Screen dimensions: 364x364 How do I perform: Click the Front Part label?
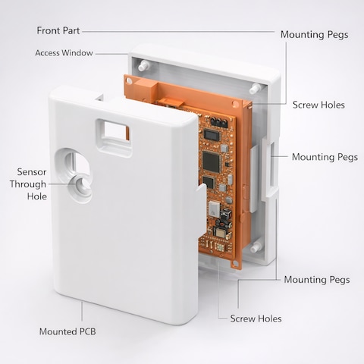[x=58, y=31]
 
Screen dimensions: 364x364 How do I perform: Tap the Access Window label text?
[x=64, y=53]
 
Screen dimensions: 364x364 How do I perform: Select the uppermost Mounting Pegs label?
[x=314, y=35]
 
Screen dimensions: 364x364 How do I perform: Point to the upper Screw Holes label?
[x=318, y=105]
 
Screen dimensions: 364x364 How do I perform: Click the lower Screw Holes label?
[x=256, y=318]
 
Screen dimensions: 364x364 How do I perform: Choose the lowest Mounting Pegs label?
[x=317, y=280]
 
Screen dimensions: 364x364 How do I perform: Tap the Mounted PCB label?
[x=67, y=331]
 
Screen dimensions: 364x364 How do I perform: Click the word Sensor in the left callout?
[x=32, y=172]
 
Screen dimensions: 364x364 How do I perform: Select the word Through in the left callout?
[x=28, y=184]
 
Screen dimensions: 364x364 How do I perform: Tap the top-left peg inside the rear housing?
[x=143, y=65]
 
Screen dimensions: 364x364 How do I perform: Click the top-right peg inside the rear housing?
[x=256, y=88]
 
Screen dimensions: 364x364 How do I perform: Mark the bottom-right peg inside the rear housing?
[x=256, y=247]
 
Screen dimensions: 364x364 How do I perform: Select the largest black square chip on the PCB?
[x=211, y=162]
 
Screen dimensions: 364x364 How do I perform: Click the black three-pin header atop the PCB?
[x=218, y=122]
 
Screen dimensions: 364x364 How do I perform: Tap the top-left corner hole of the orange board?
[x=129, y=81]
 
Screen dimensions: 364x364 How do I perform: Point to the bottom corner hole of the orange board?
[x=235, y=263]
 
